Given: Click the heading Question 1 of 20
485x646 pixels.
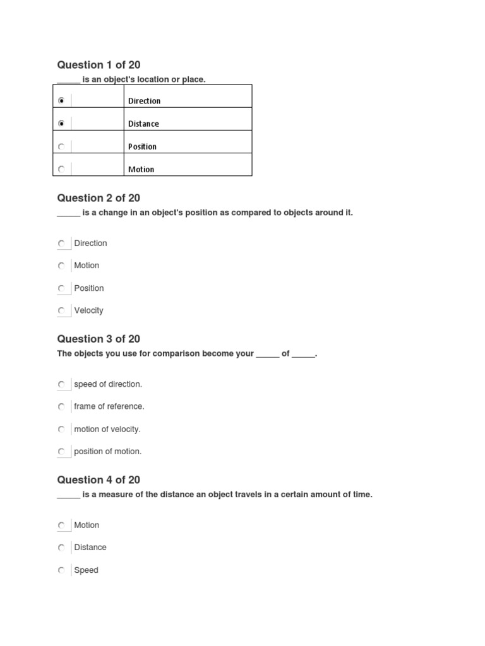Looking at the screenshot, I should point(99,65).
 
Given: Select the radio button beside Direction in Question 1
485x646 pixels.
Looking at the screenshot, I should point(61,101).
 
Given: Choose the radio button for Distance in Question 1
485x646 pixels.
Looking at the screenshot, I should point(61,124).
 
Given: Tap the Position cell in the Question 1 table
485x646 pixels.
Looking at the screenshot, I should point(142,146).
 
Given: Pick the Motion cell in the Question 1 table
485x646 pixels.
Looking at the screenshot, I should point(141,169).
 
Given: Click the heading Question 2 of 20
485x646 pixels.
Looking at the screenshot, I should point(99,198).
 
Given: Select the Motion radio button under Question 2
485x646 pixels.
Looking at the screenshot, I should point(61,266).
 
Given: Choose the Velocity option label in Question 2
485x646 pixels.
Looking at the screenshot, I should point(88,310).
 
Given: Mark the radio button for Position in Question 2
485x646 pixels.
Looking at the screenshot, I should point(61,288).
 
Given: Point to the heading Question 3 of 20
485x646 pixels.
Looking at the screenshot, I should point(99,339).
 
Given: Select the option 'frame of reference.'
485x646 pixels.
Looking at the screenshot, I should point(109,406).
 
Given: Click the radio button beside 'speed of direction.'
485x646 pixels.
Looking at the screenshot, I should point(61,384).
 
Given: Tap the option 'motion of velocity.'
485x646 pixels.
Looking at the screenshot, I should point(107,429).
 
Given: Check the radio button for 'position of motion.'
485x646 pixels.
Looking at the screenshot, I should point(61,452).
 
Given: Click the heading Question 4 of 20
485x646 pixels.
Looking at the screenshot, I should point(99,480).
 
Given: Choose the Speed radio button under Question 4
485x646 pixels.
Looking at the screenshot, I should point(61,570).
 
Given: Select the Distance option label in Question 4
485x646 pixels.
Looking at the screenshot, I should point(90,548).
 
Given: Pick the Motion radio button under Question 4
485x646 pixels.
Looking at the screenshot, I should point(61,525).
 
